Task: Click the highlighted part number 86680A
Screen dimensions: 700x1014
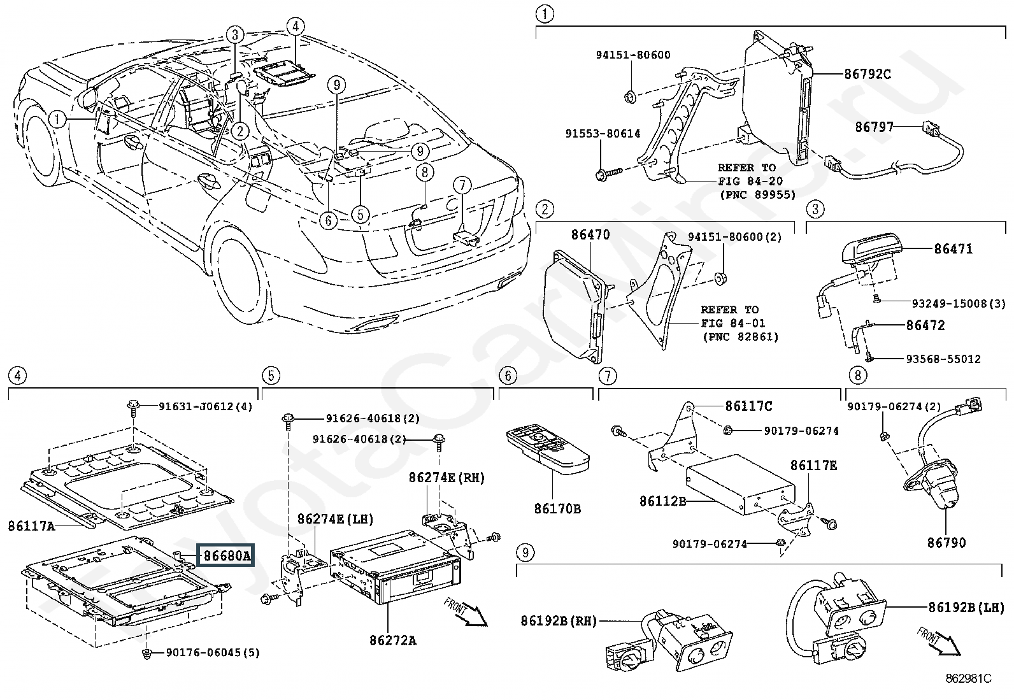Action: pos(227,556)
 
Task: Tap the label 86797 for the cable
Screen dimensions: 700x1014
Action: pos(874,127)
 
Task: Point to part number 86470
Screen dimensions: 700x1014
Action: pos(590,234)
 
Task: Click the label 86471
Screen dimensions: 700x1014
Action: pos(953,249)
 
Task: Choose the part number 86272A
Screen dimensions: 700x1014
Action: pos(392,640)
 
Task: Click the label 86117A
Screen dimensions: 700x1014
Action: pos(32,526)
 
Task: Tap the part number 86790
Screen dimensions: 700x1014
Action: pos(946,543)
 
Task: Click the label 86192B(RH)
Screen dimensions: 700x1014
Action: pos(558,620)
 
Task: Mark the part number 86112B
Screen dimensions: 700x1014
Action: pos(662,501)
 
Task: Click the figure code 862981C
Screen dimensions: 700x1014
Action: pos(968,679)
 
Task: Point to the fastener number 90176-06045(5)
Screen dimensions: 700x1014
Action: pos(213,652)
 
